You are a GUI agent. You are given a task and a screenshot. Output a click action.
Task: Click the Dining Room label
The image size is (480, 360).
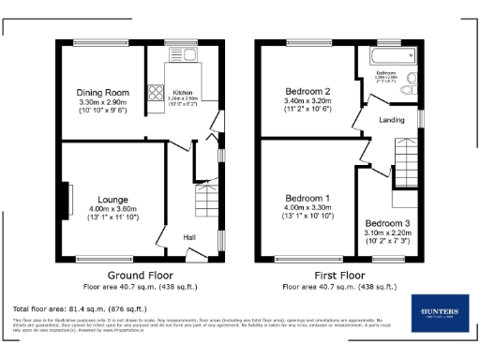click(102, 92)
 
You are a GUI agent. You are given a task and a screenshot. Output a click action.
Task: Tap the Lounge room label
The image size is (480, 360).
click(112, 199)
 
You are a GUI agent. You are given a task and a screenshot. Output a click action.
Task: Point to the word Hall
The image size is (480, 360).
click(188, 236)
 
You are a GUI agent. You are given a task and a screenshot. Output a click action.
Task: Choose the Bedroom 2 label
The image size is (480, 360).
click(307, 92)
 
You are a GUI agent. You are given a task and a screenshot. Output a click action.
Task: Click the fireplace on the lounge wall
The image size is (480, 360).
click(67, 199)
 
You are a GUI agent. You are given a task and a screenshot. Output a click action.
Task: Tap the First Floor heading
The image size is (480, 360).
click(338, 276)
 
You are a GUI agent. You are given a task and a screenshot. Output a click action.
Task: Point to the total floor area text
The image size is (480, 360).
click(80, 308)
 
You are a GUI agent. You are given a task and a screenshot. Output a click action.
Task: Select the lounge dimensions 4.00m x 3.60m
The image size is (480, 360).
click(112, 208)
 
